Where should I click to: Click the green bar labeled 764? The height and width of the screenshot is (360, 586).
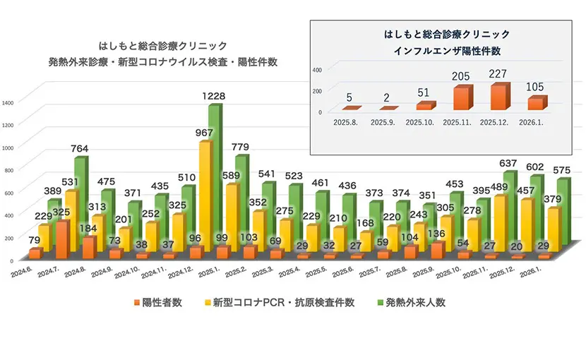(80, 205)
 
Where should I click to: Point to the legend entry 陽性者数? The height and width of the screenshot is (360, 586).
(157, 302)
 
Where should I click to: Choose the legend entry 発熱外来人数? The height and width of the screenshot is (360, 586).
(412, 302)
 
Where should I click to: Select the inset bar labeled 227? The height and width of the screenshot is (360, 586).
(497, 97)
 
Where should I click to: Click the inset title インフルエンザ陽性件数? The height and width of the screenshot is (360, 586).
(446, 50)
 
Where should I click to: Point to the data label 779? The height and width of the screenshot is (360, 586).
(241, 147)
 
